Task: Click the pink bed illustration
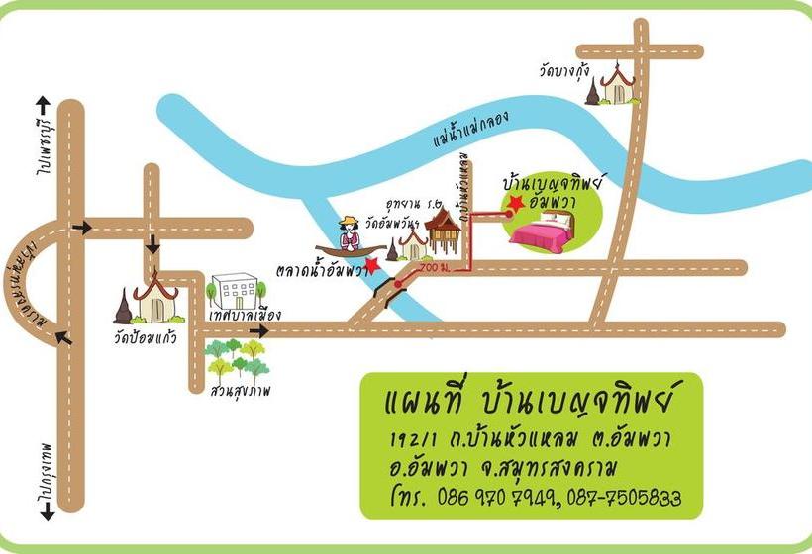pyautogui.click(x=549, y=231)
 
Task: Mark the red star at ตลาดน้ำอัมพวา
pyautogui.click(x=371, y=264)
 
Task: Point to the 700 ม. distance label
pyautogui.click(x=433, y=268)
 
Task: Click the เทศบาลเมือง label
pyautogui.click(x=246, y=316)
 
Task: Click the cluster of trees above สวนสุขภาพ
pyautogui.click(x=238, y=361)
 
